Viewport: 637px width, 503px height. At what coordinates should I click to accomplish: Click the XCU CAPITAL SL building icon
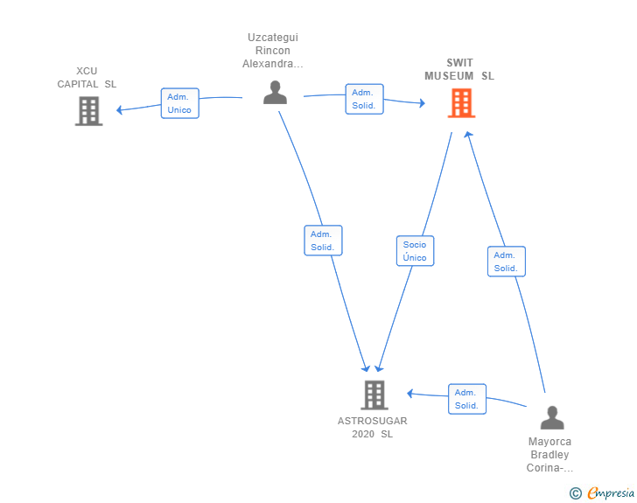tap(88, 111)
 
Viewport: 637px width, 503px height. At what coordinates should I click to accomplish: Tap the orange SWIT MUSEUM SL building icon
tap(461, 103)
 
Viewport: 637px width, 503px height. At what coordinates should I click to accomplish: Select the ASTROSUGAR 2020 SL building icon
tap(374, 395)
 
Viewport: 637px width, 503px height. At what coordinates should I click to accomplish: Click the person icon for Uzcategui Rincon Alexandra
tap(275, 92)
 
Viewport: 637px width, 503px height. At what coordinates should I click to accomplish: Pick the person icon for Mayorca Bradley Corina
tap(552, 417)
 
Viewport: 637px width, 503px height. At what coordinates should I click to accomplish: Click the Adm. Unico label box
tap(180, 103)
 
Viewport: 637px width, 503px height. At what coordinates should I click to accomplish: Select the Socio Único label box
tap(415, 251)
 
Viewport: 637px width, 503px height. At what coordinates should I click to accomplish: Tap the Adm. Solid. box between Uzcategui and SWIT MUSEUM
tap(363, 99)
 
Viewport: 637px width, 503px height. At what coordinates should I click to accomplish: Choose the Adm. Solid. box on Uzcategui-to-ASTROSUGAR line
tap(323, 241)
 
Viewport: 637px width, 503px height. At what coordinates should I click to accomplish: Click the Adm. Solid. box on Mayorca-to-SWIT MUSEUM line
tap(506, 262)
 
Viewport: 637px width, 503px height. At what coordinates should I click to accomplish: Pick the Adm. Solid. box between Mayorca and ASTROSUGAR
tap(466, 399)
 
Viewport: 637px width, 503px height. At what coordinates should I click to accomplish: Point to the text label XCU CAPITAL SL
tap(87, 78)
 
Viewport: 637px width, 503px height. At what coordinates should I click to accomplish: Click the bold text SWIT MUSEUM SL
tap(459, 69)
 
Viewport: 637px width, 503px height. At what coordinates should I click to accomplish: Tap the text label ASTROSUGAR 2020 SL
tap(373, 428)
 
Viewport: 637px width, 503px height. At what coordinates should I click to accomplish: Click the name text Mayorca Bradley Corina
tap(549, 455)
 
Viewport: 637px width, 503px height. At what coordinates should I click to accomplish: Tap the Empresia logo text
tap(611, 493)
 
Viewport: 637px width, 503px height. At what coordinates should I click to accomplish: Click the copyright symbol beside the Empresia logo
tap(576, 493)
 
